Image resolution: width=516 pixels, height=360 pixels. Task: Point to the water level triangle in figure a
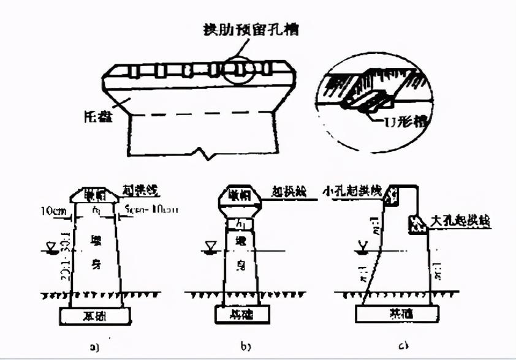[44, 248]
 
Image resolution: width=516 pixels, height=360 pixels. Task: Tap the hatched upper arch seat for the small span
[389, 194]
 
